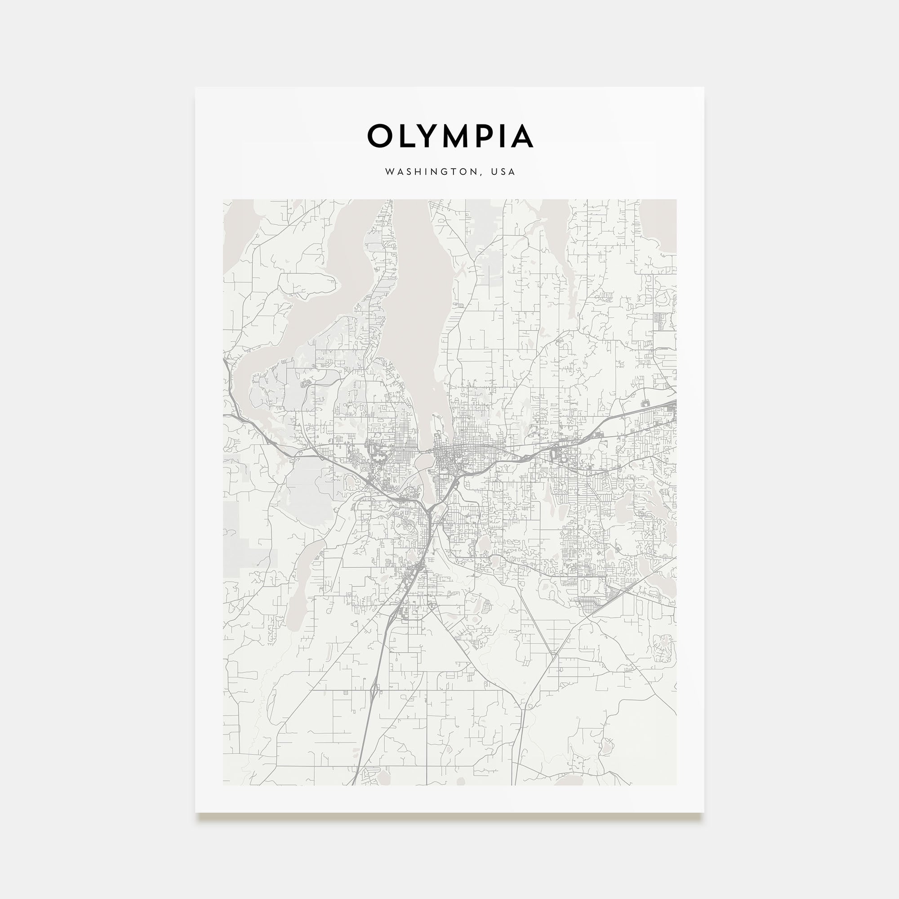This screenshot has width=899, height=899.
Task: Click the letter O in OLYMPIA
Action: coord(380,136)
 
